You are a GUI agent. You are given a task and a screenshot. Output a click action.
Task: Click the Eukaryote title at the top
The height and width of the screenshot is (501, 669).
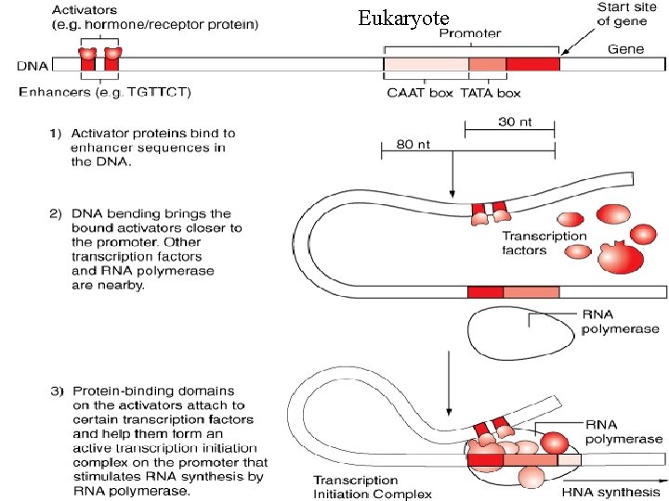[403, 19]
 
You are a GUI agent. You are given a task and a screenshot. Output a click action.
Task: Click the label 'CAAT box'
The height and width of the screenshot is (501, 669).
[420, 93]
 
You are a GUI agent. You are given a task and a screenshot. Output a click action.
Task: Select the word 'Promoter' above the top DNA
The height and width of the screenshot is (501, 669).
[469, 33]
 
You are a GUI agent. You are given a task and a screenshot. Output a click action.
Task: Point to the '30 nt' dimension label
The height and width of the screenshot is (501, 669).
[517, 122]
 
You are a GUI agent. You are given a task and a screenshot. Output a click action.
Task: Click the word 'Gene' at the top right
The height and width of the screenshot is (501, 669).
[627, 48]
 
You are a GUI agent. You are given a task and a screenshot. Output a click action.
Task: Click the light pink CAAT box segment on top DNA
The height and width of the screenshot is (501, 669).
[426, 64]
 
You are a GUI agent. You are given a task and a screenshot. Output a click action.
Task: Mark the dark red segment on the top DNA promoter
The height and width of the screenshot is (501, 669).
[532, 64]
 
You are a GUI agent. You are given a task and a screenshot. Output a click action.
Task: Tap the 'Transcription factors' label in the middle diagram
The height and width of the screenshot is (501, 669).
[544, 243]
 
